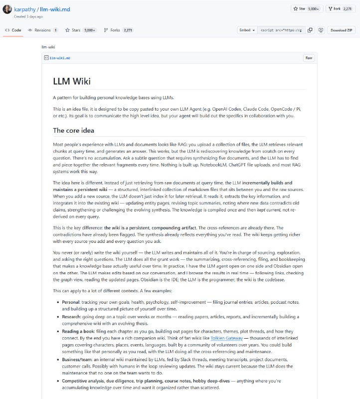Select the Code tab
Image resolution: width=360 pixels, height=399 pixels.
pos(13,30)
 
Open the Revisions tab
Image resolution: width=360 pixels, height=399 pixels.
pos(43,30)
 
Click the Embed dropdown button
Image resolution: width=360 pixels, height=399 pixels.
pos(247,30)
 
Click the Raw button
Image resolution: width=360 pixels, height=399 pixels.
pos(309,58)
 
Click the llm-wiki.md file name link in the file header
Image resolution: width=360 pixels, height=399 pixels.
pos(60,58)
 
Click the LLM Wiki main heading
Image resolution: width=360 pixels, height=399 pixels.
pos(72,81)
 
